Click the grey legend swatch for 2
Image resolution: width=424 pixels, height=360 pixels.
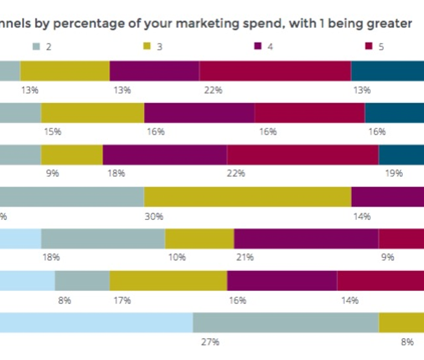point(37,47)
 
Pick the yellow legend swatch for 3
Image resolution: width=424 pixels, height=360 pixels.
point(147,47)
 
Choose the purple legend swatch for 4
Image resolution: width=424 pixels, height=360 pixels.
point(257,47)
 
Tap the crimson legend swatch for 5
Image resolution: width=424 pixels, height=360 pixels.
point(368,47)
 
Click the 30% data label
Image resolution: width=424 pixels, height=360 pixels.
point(154,217)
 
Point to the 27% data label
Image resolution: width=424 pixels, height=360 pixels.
point(210,342)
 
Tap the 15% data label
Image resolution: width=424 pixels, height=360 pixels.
point(53,132)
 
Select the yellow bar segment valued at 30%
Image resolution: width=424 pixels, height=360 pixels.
point(247,197)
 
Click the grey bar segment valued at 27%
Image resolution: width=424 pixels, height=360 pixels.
point(286,322)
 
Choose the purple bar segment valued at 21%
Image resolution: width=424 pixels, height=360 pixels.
point(306,238)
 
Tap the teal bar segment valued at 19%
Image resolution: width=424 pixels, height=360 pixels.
point(401,155)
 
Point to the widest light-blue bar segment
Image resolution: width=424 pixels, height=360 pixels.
point(96,322)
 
